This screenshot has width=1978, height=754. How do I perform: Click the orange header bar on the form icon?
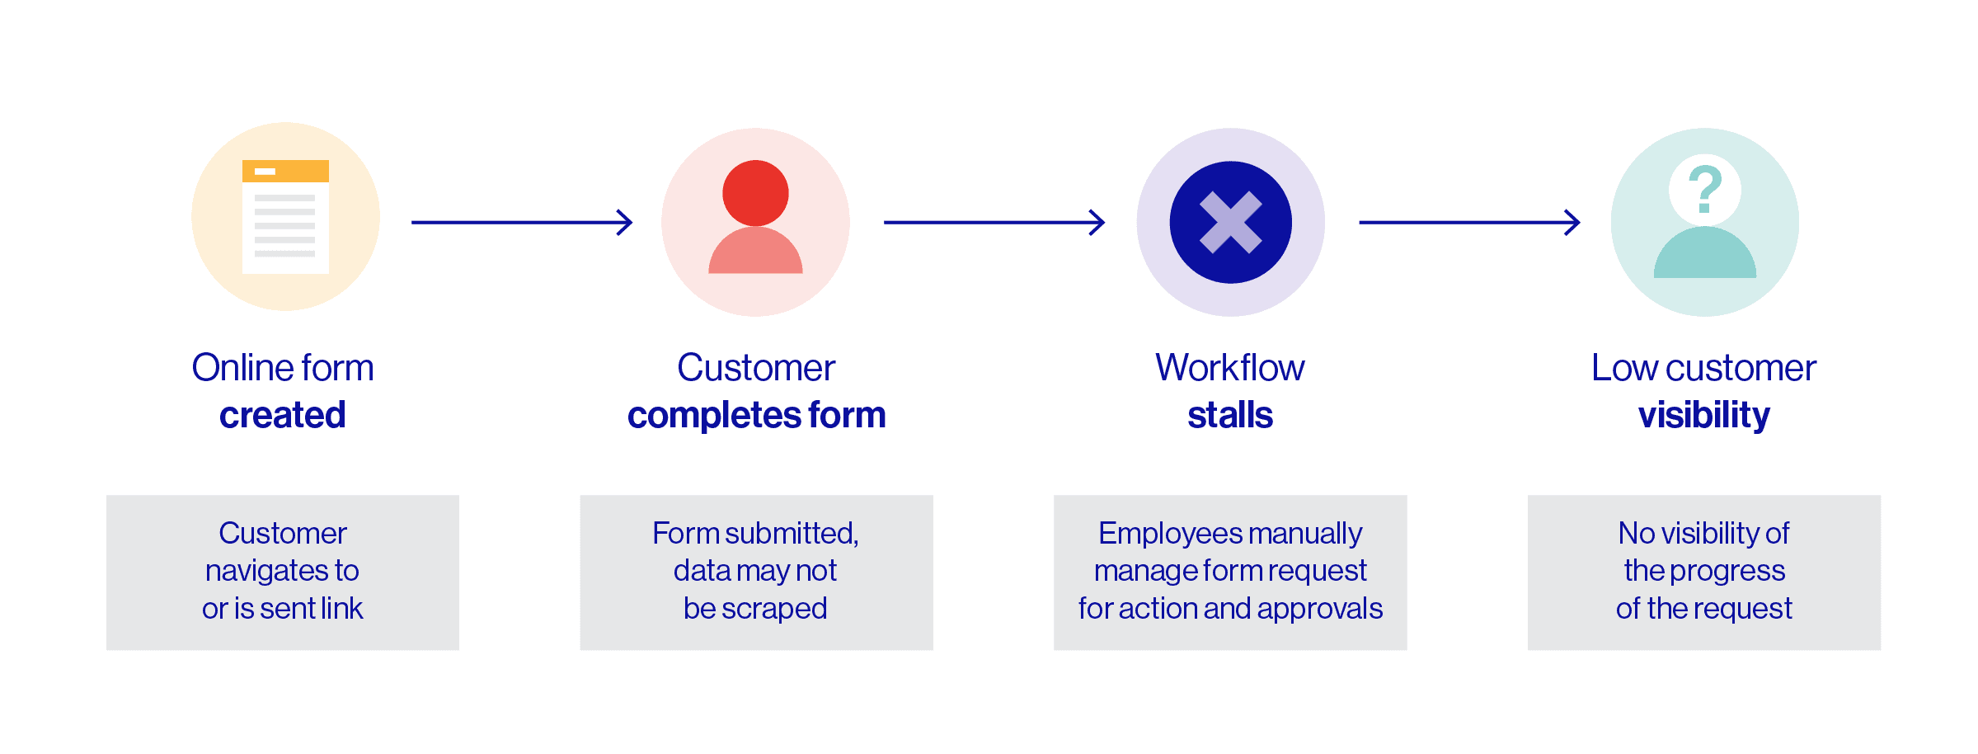(x=285, y=171)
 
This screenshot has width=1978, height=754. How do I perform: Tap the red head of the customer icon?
(x=755, y=193)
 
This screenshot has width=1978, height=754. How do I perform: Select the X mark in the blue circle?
(x=1230, y=222)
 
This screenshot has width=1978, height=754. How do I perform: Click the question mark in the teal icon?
(x=1704, y=189)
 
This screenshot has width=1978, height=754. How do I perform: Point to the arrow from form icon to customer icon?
(x=521, y=222)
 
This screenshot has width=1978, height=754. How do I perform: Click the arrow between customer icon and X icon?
(x=994, y=222)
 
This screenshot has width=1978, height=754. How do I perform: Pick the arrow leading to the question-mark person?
(x=1468, y=222)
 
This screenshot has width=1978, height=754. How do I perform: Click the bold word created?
(x=282, y=415)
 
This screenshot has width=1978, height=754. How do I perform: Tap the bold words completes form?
(x=756, y=415)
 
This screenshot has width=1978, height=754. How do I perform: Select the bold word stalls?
(x=1230, y=415)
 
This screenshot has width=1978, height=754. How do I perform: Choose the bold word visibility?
(x=1703, y=415)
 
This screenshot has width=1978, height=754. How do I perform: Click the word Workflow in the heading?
(x=1230, y=368)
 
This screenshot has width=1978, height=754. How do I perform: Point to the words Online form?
(x=282, y=368)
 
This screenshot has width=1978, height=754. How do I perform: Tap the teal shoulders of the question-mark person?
(x=1704, y=256)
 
